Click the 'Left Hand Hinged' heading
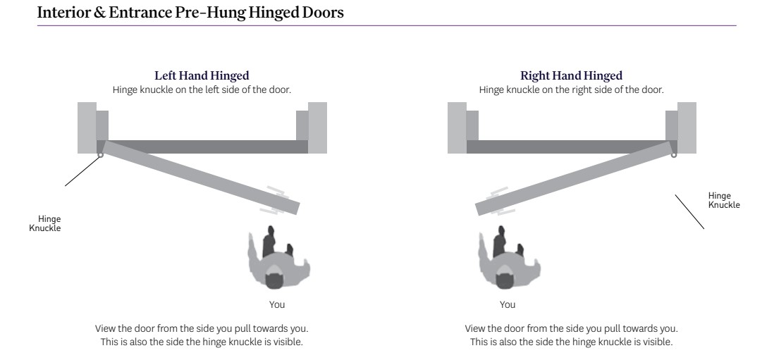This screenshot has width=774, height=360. [x=202, y=75]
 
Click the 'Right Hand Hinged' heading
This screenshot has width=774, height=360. [x=571, y=75]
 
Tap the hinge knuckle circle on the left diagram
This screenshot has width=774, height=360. [x=100, y=155]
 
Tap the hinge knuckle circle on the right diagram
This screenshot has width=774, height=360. [x=674, y=155]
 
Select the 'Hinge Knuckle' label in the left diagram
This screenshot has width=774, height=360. [x=45, y=223]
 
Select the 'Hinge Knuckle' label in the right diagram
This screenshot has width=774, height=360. [x=724, y=200]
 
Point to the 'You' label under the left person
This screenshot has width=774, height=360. [x=277, y=305]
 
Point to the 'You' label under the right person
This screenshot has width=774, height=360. [x=508, y=305]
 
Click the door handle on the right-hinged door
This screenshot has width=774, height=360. [x=500, y=201]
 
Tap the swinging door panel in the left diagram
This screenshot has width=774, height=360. [x=201, y=178]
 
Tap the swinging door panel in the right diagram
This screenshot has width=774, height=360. [x=574, y=178]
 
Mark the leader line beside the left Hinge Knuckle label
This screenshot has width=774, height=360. [x=82, y=171]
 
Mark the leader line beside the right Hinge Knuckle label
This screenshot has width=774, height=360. [x=689, y=211]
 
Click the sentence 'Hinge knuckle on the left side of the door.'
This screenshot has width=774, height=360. [x=202, y=89]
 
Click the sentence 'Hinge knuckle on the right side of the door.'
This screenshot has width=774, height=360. [x=571, y=89]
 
